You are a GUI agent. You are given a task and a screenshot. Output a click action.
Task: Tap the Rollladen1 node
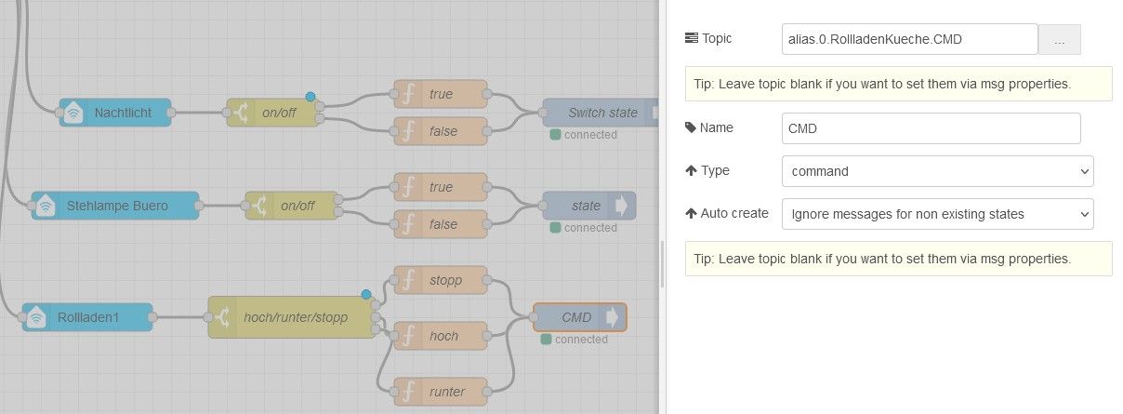pos(87,317)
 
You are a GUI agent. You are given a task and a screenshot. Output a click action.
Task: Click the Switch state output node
pos(601,113)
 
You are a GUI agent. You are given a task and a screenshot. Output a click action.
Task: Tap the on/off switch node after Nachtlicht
pos(273,113)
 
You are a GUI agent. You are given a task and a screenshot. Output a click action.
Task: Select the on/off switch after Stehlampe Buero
pos(292,206)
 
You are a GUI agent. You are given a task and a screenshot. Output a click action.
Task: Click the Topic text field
pos(909,39)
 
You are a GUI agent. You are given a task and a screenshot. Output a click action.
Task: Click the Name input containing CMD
pos(931,128)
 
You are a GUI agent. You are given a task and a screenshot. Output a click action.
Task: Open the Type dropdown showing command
pos(937,171)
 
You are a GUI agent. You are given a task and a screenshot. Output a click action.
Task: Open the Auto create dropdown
pos(937,214)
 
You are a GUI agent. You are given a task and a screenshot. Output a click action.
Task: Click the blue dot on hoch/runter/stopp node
pos(366,295)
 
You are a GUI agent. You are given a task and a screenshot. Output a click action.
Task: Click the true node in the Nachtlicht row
pos(441,94)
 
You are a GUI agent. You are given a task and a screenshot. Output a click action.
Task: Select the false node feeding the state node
pos(441,224)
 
